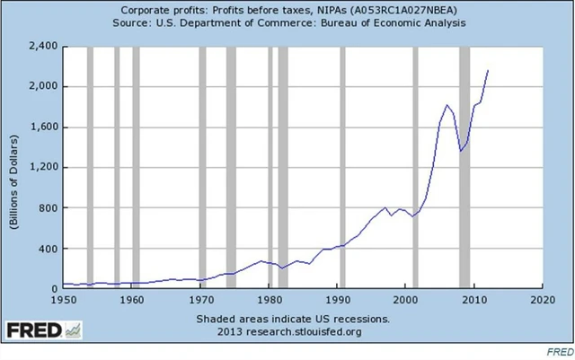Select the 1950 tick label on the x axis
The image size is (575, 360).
click(x=63, y=300)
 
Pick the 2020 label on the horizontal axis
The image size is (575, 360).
click(x=542, y=300)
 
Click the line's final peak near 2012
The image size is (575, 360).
click(x=488, y=70)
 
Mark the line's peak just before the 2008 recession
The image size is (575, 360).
click(x=447, y=105)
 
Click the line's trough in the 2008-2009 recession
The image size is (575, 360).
click(x=461, y=151)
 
